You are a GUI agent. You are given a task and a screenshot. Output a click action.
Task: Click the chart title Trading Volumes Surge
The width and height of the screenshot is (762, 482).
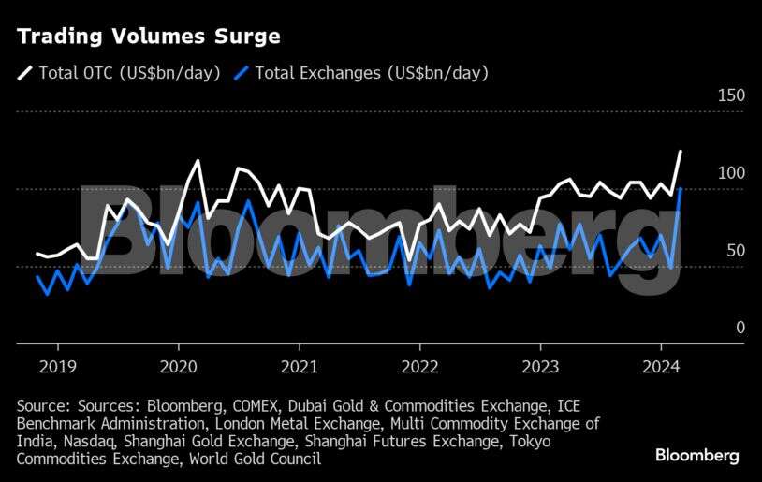[x=148, y=37]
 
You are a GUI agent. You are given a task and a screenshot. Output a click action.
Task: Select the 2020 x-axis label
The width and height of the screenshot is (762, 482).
[x=177, y=366]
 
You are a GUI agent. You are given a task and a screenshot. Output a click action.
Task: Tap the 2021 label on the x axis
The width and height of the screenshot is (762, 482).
[x=298, y=366]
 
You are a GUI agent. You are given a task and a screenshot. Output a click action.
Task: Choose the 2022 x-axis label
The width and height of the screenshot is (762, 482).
[x=418, y=366]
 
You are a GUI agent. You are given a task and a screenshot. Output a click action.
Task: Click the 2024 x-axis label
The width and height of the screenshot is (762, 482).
[x=660, y=366]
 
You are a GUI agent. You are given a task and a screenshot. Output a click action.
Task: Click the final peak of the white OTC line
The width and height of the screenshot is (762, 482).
[x=681, y=151]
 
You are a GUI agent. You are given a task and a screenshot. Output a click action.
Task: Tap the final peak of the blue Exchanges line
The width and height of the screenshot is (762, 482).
[x=681, y=189]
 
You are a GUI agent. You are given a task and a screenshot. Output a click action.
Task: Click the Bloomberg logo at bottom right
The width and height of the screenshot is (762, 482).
[x=696, y=456]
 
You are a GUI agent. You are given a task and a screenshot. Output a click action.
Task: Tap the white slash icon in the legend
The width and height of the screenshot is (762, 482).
[x=24, y=72]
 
